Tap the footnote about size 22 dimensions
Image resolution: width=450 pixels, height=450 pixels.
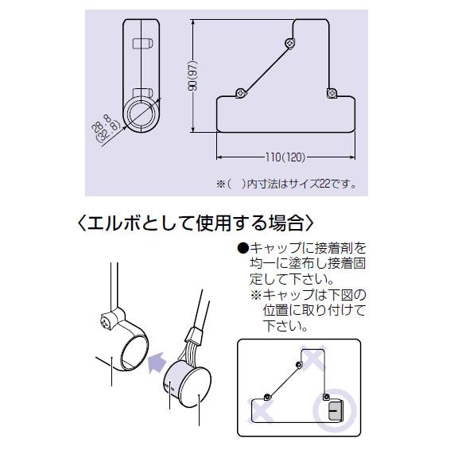click(286, 184)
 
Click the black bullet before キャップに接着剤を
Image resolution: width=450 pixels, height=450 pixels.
click(242, 248)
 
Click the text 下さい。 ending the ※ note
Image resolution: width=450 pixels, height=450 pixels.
click(285, 326)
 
